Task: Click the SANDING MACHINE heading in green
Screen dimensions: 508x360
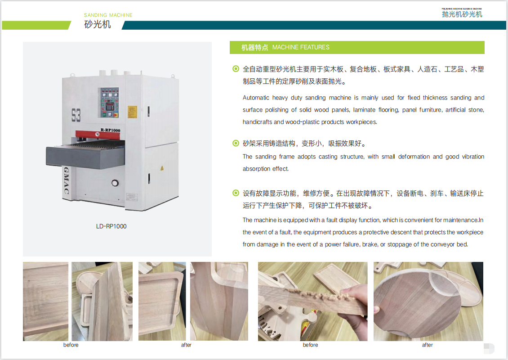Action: point(108,15)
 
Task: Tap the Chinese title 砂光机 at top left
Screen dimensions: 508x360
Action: point(98,24)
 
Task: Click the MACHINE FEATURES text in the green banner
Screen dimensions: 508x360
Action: point(301,47)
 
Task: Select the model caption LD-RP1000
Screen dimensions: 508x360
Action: point(111,226)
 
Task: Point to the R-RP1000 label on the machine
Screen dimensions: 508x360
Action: point(110,130)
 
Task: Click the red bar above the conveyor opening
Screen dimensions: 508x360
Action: point(98,134)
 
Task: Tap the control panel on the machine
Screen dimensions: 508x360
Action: point(109,102)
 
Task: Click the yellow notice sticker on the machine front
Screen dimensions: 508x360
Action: point(132,112)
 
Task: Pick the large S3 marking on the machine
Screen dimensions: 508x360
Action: point(76,115)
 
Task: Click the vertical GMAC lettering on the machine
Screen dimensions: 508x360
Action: point(66,180)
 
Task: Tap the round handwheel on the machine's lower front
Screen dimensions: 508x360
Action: point(115,183)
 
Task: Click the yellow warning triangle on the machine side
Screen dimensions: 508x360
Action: point(162,168)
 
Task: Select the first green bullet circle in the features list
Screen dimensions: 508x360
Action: point(236,69)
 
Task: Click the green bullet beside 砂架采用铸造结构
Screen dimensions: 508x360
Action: point(236,144)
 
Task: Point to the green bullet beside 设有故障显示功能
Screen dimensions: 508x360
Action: point(236,193)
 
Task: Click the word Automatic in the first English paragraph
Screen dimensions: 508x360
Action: point(256,98)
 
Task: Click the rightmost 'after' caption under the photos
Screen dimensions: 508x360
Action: point(428,345)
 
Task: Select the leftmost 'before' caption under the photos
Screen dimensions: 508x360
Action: point(71,345)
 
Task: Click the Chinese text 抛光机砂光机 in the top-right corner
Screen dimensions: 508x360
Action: point(462,14)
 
